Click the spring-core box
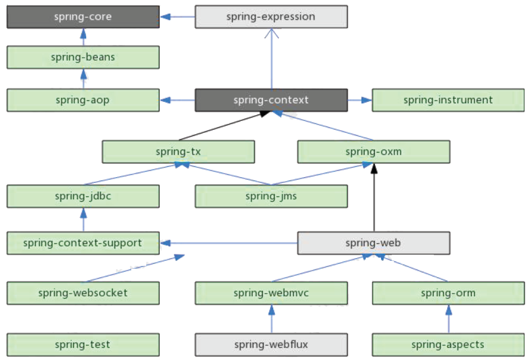[x=83, y=17]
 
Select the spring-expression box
[x=271, y=17]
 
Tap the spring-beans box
[x=83, y=57]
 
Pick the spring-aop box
[x=83, y=100]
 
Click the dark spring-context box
[x=271, y=100]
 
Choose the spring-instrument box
[x=448, y=100]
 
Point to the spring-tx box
[x=178, y=152]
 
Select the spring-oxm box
[x=374, y=152]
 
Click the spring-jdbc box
[x=83, y=196]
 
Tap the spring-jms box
[x=271, y=196]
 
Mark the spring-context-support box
[x=83, y=243]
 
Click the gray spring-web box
[x=374, y=243]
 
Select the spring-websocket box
[x=83, y=293]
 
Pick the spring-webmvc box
[x=271, y=293]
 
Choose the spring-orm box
[x=448, y=293]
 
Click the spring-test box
[x=83, y=344]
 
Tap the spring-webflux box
[x=271, y=344]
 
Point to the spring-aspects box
[x=448, y=344]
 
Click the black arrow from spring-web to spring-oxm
[x=374, y=198]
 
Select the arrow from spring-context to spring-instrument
[x=360, y=100]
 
